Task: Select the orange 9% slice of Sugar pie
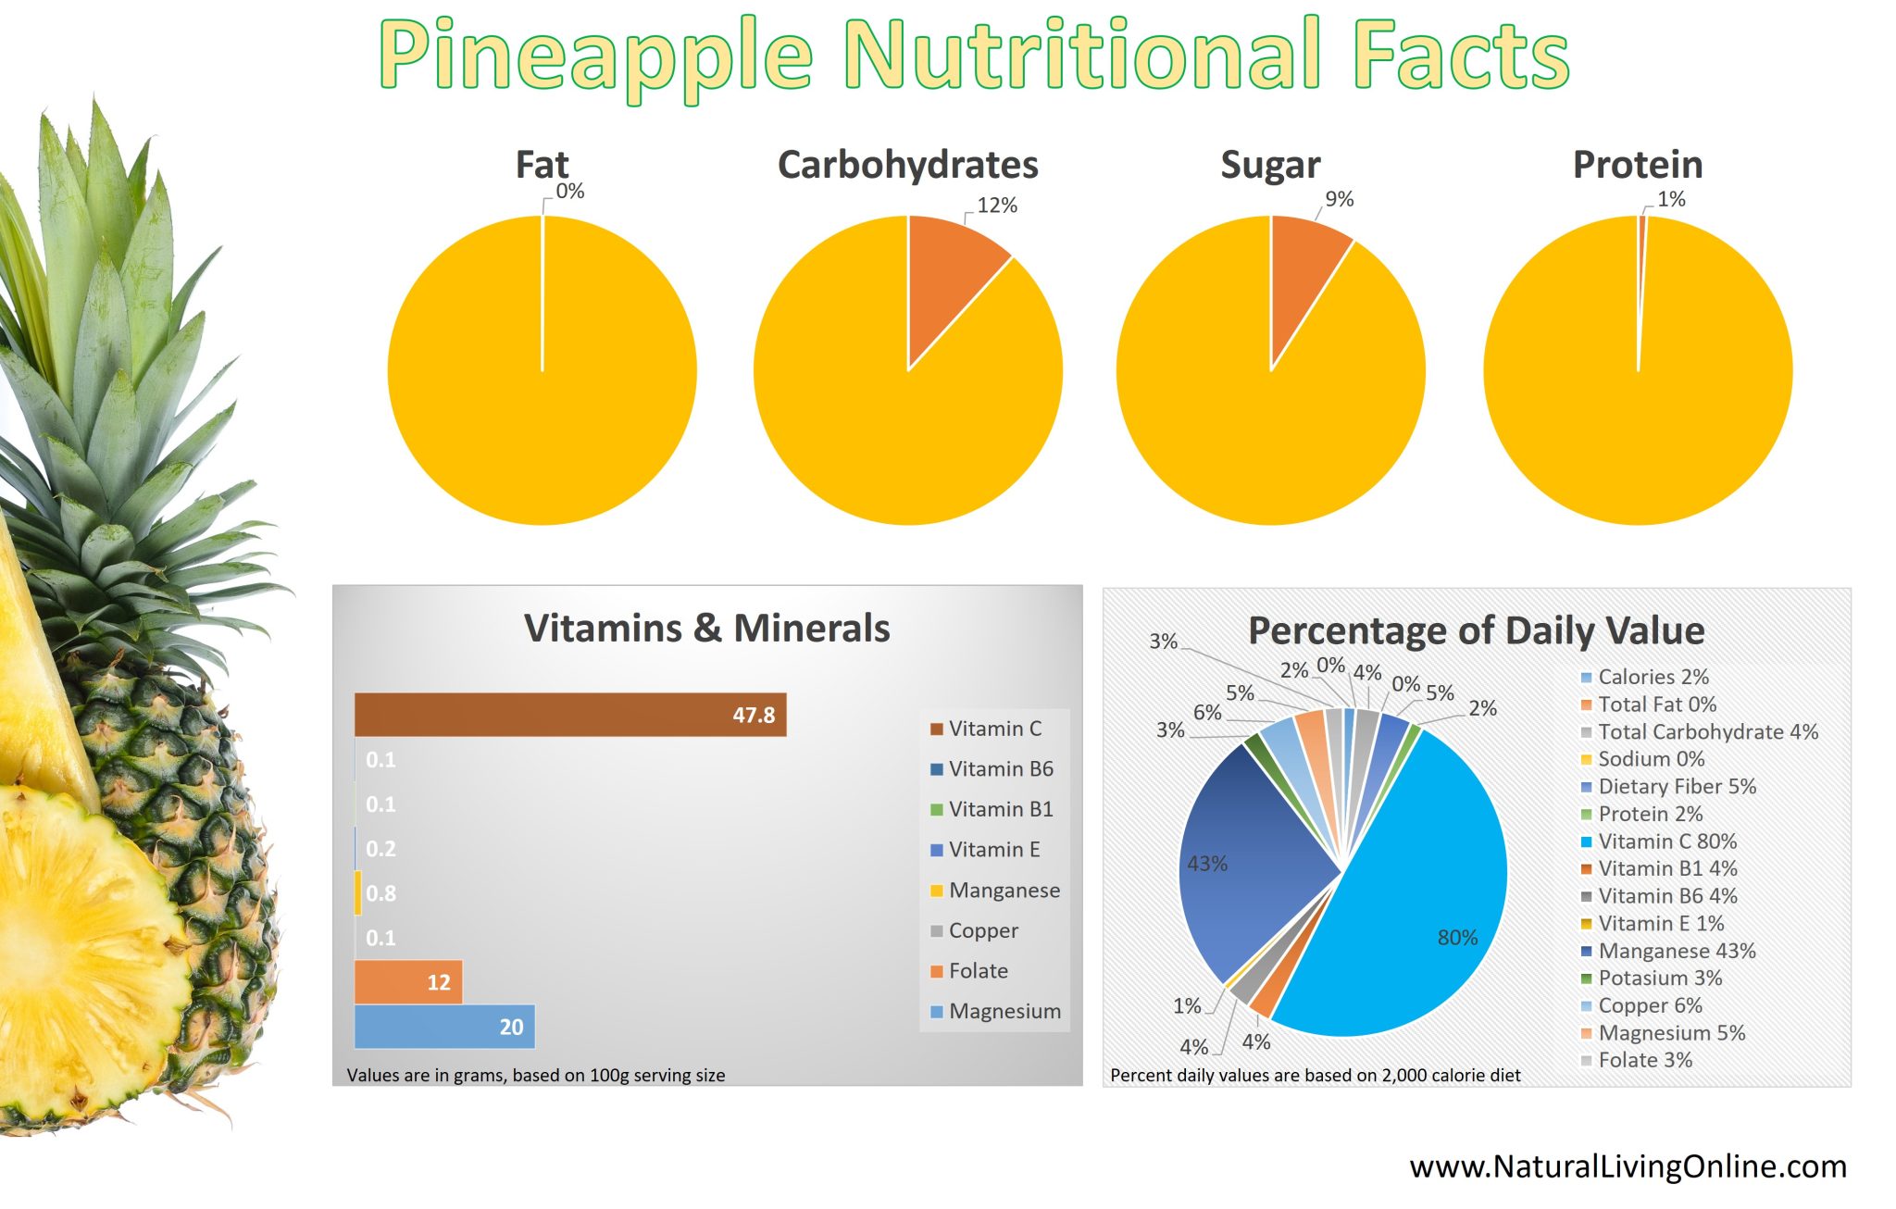[1301, 273]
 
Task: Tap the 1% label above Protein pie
[1670, 199]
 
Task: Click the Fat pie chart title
[542, 165]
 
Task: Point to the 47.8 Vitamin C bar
[569, 715]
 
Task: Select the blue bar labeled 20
[444, 1027]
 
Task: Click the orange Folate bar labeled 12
[407, 982]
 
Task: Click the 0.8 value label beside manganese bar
[380, 893]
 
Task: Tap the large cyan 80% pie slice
[1416, 907]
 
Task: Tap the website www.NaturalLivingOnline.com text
[1628, 1166]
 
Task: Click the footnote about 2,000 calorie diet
[1315, 1076]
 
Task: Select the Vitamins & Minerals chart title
[706, 629]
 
